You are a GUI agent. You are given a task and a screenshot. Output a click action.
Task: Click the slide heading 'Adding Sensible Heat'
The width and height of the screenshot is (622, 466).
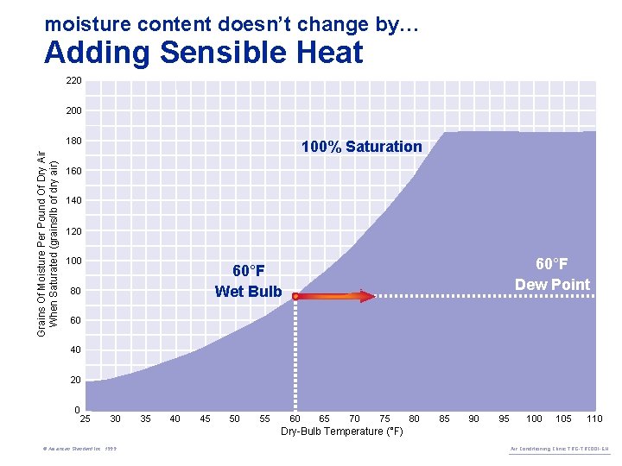(203, 54)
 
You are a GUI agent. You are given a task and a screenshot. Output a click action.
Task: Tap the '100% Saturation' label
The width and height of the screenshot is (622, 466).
(361, 147)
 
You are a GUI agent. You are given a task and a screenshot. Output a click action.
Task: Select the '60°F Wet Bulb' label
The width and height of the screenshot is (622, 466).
(248, 281)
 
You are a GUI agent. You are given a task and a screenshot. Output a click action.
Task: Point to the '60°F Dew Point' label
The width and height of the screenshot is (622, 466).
(552, 274)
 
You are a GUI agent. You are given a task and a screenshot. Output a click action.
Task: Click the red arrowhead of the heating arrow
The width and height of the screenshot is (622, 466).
(366, 296)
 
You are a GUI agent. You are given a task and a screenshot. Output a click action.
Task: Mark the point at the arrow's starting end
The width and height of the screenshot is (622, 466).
(295, 296)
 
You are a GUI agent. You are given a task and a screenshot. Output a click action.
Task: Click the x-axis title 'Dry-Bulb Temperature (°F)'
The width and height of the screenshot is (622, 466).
(341, 431)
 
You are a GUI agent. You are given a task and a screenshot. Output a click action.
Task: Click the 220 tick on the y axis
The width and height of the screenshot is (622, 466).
(73, 81)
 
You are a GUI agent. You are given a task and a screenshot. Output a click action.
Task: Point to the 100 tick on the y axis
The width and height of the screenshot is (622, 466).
(73, 261)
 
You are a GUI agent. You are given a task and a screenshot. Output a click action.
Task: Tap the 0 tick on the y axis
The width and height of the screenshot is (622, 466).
(78, 409)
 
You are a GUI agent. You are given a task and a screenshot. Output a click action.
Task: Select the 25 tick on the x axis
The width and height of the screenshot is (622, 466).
(86, 419)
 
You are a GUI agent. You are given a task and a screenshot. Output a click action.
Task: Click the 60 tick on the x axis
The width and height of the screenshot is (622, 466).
(295, 419)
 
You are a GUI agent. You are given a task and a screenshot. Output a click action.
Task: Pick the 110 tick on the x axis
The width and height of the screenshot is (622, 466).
(593, 419)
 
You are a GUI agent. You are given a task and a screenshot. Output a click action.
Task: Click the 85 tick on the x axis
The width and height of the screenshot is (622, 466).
(444, 419)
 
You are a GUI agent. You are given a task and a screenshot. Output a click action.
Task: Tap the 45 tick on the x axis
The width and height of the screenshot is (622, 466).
(205, 419)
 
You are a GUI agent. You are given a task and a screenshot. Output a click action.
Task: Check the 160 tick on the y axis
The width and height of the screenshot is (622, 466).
(73, 171)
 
